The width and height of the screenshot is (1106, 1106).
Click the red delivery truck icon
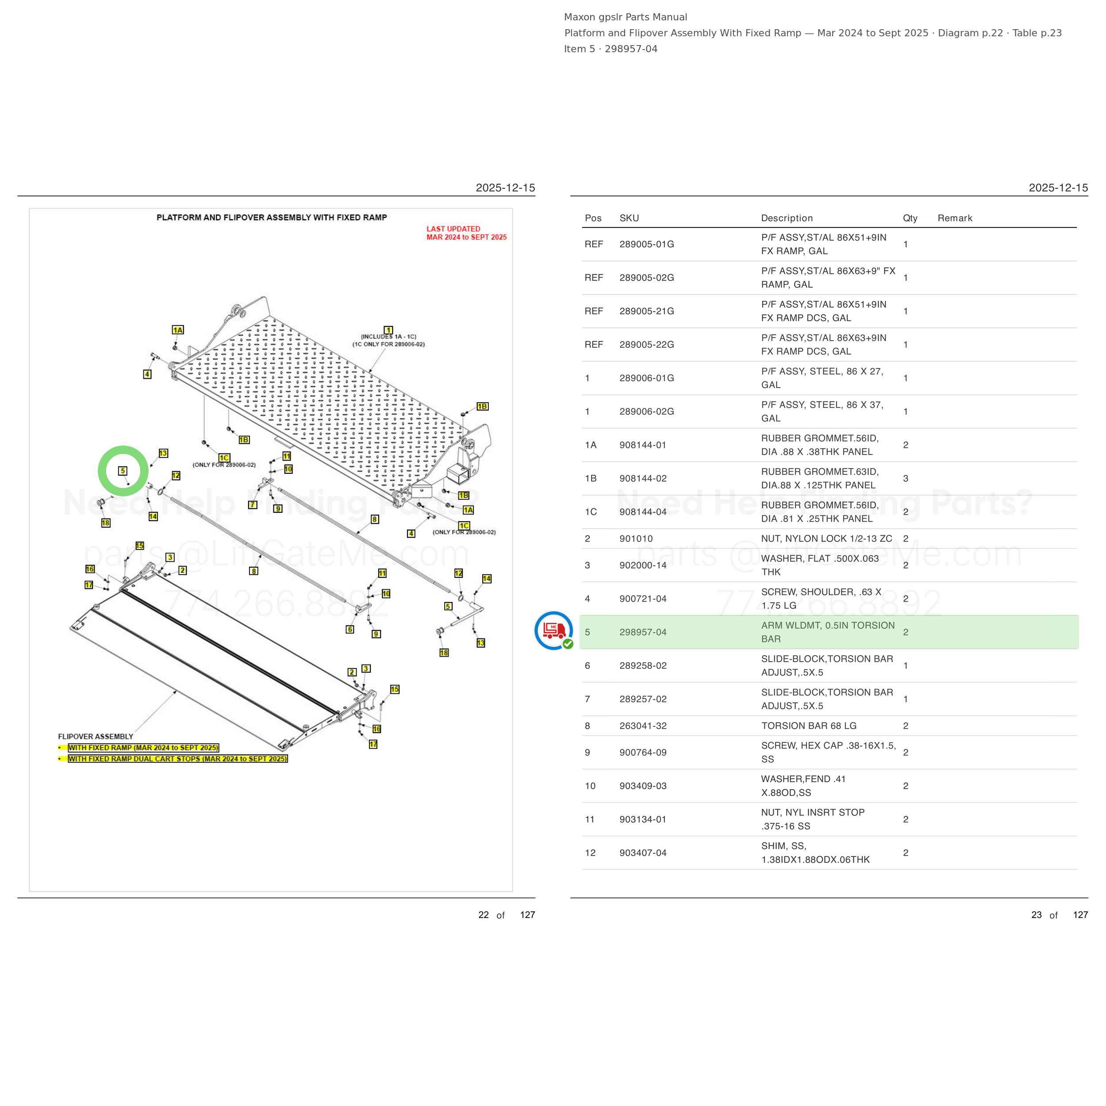click(x=553, y=630)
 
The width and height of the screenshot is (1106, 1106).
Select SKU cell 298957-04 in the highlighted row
click(x=643, y=632)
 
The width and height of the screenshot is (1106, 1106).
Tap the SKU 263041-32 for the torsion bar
click(x=643, y=726)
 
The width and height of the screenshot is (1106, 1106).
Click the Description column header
click(x=787, y=218)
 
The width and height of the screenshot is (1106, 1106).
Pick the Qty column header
click(x=910, y=218)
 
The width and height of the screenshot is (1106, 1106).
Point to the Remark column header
click(x=955, y=218)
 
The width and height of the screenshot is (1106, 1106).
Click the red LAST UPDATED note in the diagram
click(x=467, y=233)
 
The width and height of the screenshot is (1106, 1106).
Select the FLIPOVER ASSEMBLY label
click(x=96, y=737)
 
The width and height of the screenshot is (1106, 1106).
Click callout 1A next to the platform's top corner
click(x=178, y=330)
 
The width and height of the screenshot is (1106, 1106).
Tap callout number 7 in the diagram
click(x=253, y=505)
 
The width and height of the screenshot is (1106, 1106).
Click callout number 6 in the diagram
click(x=350, y=630)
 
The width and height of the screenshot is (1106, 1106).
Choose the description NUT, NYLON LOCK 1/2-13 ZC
click(x=826, y=539)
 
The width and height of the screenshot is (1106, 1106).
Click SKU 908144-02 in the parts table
click(x=643, y=479)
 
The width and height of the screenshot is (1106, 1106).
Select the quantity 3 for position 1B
click(x=906, y=479)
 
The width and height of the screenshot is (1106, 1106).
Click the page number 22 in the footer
click(x=484, y=915)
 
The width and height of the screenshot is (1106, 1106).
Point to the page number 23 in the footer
click(x=1037, y=915)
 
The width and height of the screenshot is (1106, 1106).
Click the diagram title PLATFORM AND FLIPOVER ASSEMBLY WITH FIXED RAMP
click(x=272, y=218)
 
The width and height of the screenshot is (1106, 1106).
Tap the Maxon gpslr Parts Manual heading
click(x=626, y=17)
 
